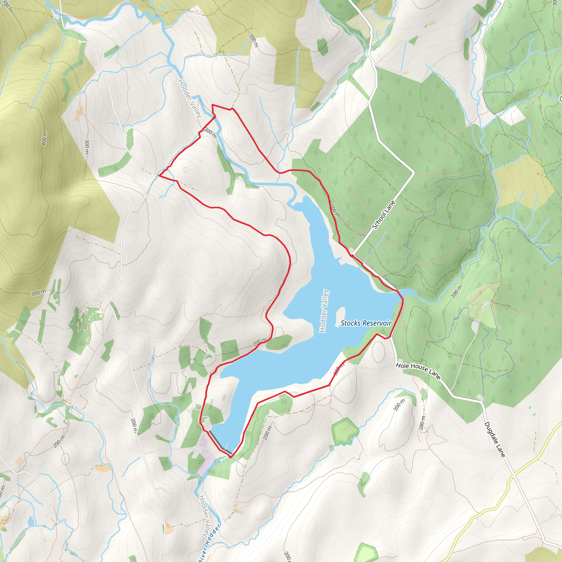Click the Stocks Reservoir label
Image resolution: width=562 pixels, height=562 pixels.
pos(366,323)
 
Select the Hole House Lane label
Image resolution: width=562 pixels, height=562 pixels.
pos(418,371)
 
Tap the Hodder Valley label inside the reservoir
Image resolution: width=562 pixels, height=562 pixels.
pos(324,311)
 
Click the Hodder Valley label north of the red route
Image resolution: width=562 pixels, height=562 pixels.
pos(190,98)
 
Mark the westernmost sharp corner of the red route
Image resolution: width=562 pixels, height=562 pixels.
pos(159,175)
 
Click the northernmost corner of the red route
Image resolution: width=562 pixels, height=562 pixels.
pos(212,105)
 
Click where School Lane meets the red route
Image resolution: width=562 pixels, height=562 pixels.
pos(352,255)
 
